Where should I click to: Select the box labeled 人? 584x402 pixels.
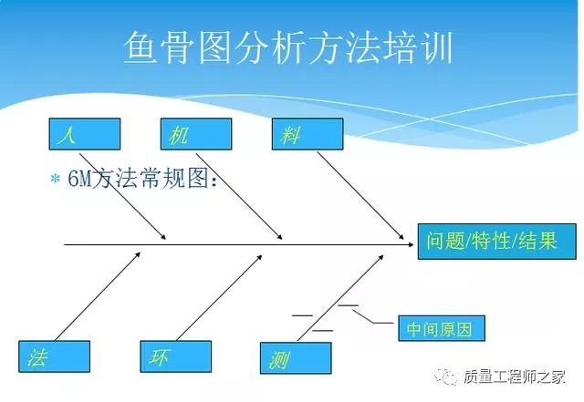point(84,134)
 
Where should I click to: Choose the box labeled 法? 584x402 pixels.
point(54,357)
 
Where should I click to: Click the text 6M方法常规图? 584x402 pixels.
point(142,180)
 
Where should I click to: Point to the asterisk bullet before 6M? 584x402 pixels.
point(55,180)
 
